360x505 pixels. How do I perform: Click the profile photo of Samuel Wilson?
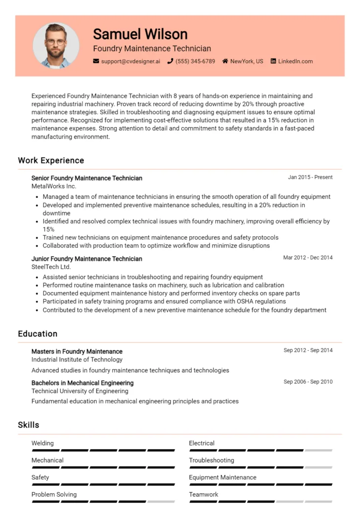[56, 46]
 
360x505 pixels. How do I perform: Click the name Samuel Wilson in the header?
[140, 34]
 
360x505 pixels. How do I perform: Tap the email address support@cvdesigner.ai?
[130, 62]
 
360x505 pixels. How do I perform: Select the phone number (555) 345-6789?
[195, 62]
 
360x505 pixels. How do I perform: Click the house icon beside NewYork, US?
[225, 62]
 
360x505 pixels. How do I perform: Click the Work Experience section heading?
[51, 160]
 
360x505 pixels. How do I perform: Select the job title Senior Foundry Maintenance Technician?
[87, 178]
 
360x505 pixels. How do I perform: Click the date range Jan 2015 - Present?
[310, 177]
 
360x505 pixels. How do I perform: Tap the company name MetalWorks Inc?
[54, 186]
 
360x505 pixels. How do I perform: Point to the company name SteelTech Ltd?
[51, 267]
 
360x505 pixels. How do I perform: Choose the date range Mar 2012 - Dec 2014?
[308, 257]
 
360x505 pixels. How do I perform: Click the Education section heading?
[37, 334]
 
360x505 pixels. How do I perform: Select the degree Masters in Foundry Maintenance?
[77, 352]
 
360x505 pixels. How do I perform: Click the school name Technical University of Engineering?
[80, 391]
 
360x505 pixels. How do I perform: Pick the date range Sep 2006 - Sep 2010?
[308, 382]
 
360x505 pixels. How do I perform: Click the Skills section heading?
[29, 425]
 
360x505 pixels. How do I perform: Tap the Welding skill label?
[42, 443]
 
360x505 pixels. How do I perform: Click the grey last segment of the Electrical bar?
[319, 450]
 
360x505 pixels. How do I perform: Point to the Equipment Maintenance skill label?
[222, 477]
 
